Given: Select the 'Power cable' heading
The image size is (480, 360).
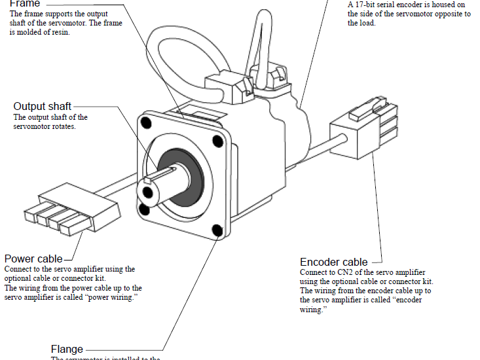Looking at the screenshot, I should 33,259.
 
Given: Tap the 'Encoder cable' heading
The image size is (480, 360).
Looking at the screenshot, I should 333,262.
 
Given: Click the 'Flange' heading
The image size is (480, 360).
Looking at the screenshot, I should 67,349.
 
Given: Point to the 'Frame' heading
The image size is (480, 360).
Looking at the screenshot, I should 25,4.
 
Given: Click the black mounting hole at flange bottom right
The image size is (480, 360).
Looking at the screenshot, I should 217,230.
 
